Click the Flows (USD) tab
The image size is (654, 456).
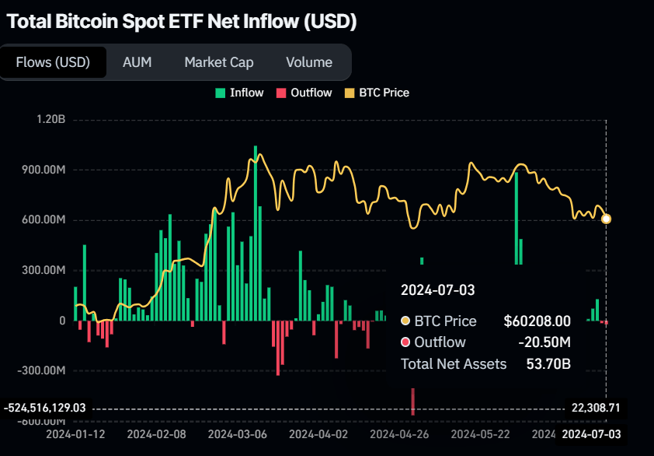click(53, 62)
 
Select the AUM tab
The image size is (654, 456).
click(137, 62)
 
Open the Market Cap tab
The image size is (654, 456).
click(218, 62)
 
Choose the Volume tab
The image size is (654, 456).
click(308, 62)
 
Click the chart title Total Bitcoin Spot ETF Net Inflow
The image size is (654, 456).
click(181, 22)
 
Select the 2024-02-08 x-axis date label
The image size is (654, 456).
click(156, 433)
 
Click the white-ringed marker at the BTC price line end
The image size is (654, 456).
click(606, 219)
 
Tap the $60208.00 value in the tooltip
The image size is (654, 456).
click(537, 321)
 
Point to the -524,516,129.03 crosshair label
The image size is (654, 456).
click(44, 407)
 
